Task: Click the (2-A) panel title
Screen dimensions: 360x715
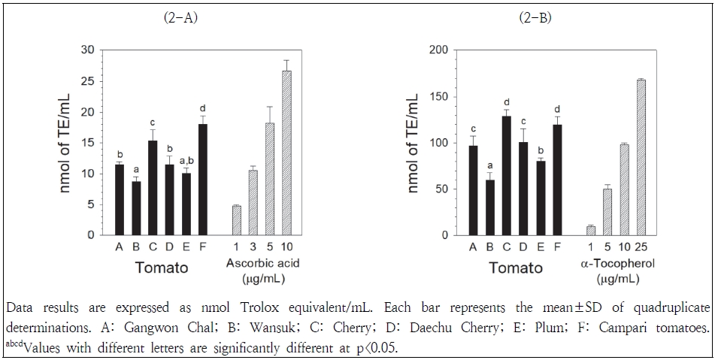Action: pos(180,18)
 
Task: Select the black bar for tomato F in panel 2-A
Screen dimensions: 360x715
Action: pos(201,180)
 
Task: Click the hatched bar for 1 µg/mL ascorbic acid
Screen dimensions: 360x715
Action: pos(236,220)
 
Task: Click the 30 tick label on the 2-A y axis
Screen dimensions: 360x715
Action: pos(89,50)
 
